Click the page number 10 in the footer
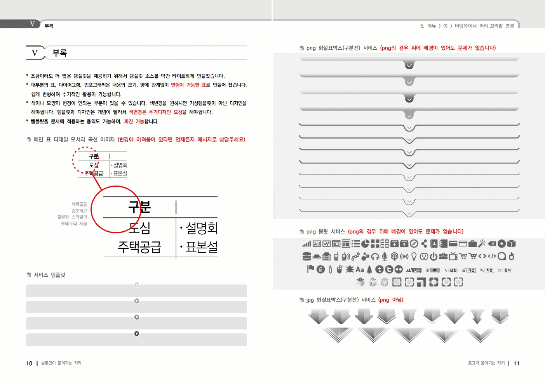pyautogui.click(x=29, y=363)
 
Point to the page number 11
pyautogui.click(x=516, y=363)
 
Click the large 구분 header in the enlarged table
pyautogui.click(x=139, y=207)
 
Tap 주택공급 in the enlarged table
pyautogui.click(x=139, y=247)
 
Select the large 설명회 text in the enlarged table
pyautogui.click(x=201, y=228)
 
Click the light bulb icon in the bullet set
pyautogui.click(x=414, y=256)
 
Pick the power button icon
pyautogui.click(x=434, y=256)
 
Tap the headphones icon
pyautogui.click(x=375, y=256)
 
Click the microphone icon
pyautogui.click(x=385, y=256)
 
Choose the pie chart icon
pyautogui.click(x=365, y=244)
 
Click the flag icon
pyautogui.click(x=310, y=269)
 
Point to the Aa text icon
pyautogui.click(x=360, y=269)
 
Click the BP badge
pyautogui.click(x=435, y=270)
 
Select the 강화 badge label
pyautogui.click(x=507, y=270)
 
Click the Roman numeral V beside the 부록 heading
pyautogui.click(x=35, y=53)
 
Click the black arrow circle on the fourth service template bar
pyautogui.click(x=137, y=333)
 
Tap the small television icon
pyautogui.click(x=453, y=256)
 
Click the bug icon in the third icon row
pyautogui.click(x=350, y=269)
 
